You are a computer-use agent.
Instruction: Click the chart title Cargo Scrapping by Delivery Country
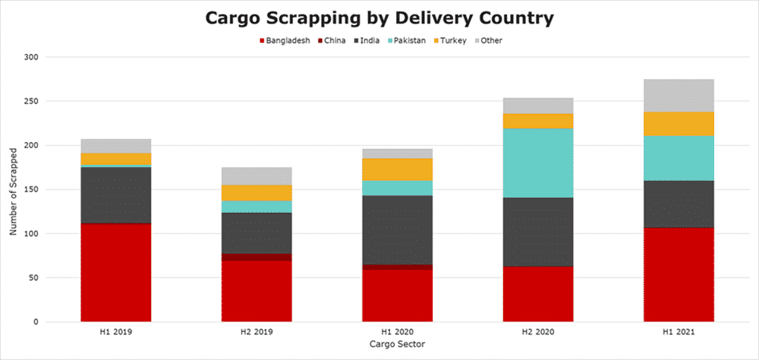[x=379, y=17]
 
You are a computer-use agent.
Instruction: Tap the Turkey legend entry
[x=448, y=40]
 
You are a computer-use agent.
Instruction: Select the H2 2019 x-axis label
[x=257, y=333]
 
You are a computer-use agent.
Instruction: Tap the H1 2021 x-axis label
[x=679, y=333]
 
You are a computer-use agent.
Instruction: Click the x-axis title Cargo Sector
[x=398, y=345]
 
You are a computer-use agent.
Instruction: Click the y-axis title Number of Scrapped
[x=13, y=190]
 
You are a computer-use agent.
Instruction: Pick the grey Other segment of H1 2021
[x=679, y=95]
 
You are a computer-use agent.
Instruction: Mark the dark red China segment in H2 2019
[x=257, y=257]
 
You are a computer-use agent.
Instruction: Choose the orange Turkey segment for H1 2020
[x=397, y=169]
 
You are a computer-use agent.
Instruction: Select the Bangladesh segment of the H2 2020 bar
[x=538, y=294]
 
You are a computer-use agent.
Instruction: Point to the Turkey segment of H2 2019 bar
[x=257, y=192]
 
